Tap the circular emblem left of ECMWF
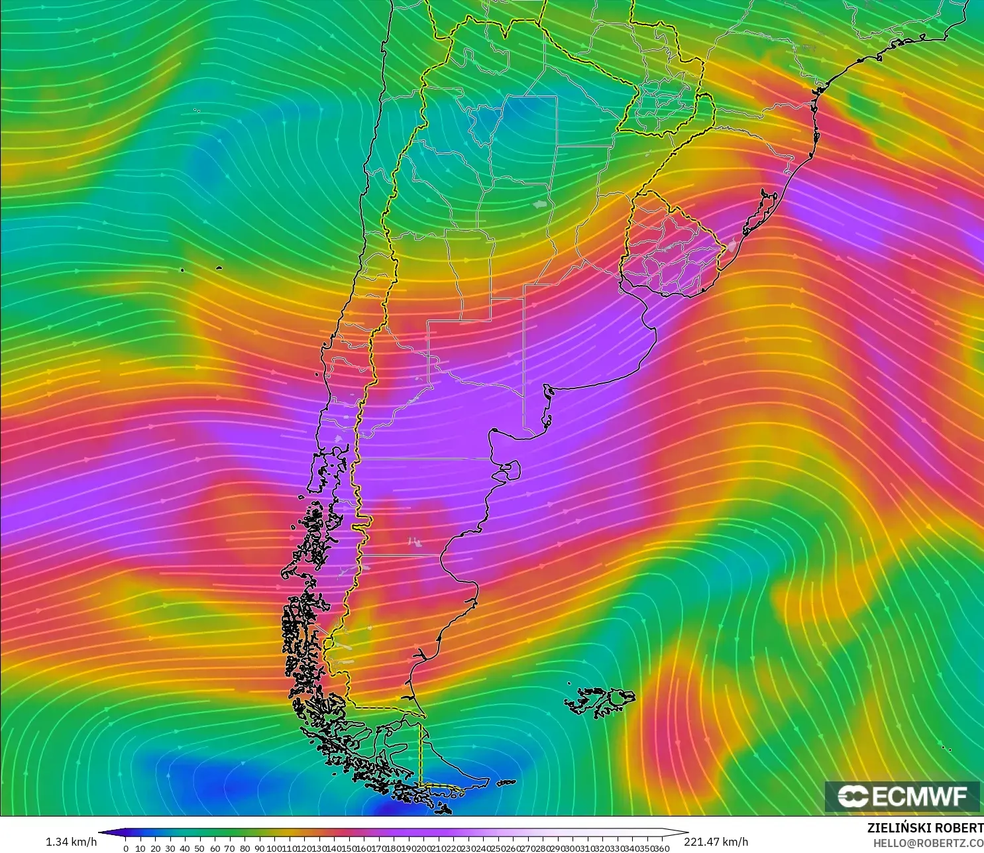[x=853, y=796]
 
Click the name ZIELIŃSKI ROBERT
[x=925, y=828]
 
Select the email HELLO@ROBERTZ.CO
[x=928, y=843]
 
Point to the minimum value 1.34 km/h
[x=71, y=842]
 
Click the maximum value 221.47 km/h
[x=716, y=842]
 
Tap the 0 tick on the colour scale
[x=125, y=848]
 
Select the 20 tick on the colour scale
[x=155, y=848]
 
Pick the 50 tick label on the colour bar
[x=199, y=848]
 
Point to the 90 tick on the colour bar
[x=259, y=848]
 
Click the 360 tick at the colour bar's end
[x=661, y=848]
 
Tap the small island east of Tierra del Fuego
[x=506, y=783]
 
